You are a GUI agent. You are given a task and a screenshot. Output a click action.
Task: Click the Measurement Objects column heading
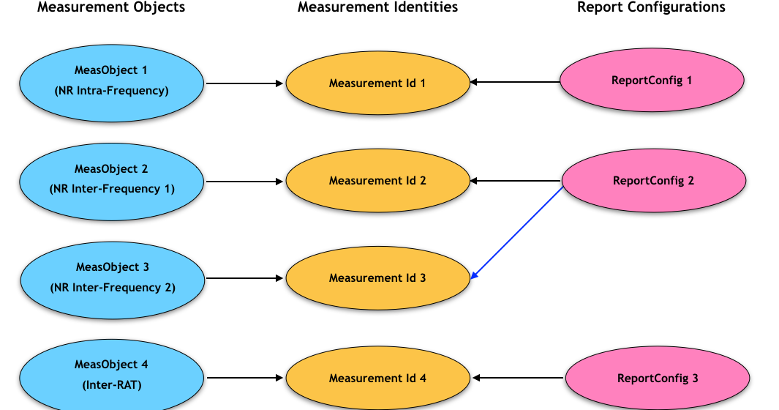pos(111,7)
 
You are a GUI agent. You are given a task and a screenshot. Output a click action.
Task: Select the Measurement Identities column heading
pos(377,7)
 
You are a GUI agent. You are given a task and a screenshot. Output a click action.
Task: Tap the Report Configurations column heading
pos(651,7)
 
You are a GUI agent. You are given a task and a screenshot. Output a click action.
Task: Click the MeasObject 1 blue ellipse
pos(111,81)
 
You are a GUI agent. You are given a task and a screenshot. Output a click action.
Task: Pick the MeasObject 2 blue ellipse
pos(111,179)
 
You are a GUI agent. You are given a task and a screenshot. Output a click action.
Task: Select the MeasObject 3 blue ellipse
pos(111,277)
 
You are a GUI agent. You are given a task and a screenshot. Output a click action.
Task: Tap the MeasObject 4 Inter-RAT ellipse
pos(111,373)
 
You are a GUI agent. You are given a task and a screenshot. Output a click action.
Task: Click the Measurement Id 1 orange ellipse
pos(377,83)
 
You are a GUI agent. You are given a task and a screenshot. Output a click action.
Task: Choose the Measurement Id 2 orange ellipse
pos(377,180)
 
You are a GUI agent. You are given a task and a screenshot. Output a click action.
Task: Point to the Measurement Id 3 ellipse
pos(377,278)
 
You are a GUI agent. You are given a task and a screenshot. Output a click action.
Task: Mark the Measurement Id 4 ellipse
pos(377,378)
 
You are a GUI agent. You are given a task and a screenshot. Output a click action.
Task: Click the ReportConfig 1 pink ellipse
pos(652,81)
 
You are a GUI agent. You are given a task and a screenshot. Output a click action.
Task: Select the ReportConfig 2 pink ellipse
pos(653,180)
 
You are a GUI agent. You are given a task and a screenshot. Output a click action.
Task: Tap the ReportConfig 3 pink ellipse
pos(658,378)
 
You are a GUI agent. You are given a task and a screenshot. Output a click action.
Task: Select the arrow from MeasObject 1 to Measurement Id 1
pos(244,83)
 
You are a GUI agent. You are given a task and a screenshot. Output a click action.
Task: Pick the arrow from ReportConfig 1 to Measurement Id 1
pos(516,82)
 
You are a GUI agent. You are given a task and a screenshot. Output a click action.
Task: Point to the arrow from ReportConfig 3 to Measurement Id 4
pos(518,378)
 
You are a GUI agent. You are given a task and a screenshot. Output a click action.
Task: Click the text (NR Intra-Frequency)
pos(111,91)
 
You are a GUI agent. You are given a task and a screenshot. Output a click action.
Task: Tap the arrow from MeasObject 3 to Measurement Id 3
pos(244,278)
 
